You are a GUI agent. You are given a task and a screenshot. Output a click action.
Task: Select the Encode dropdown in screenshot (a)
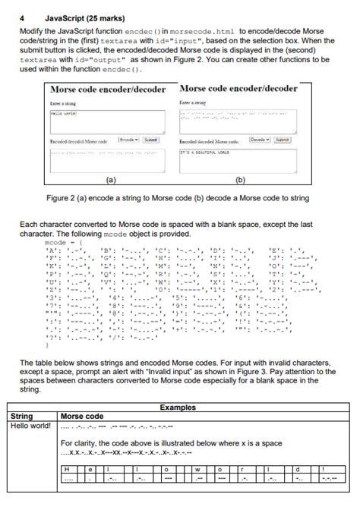pos(129,140)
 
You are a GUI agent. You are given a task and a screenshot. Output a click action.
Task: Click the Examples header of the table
pos(181,408)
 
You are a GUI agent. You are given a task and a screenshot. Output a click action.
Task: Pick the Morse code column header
pos(82,416)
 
